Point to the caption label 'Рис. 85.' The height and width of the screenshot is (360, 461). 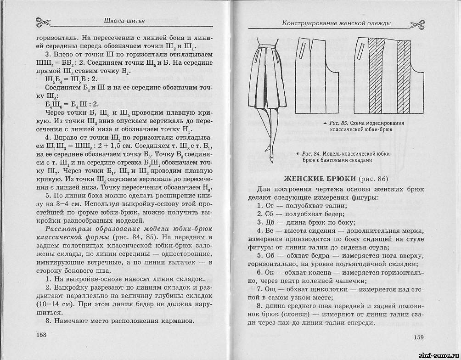[339, 124]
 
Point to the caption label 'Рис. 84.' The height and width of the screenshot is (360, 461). [314, 153]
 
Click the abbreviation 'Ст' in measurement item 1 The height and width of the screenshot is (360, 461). [270, 206]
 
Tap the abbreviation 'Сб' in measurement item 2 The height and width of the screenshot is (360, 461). [270, 214]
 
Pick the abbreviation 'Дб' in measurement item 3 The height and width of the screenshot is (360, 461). [270, 223]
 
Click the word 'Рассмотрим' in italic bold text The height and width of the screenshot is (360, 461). [67, 229]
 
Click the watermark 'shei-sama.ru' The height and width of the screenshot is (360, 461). [438, 355]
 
